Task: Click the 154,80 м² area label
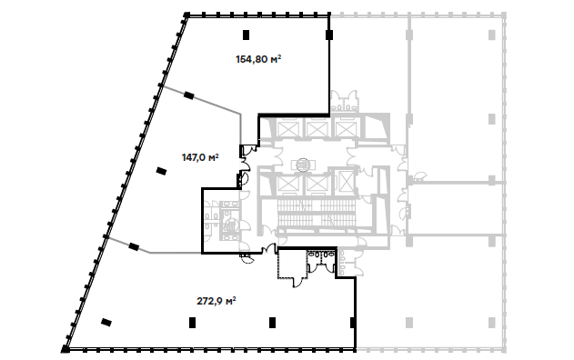(x=258, y=59)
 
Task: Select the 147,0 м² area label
(x=200, y=157)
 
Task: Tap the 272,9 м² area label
(x=217, y=301)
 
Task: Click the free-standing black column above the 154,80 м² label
(x=246, y=35)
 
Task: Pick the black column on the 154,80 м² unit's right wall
(x=329, y=35)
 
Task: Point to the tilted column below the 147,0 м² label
(x=161, y=171)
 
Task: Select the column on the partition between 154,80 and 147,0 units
(x=188, y=95)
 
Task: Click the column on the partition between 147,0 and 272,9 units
(x=134, y=246)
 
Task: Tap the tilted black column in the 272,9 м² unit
(x=106, y=323)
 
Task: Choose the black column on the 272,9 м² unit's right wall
(x=353, y=323)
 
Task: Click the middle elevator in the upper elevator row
(x=316, y=129)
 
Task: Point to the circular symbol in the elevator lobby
(x=303, y=165)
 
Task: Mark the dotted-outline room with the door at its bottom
(x=293, y=265)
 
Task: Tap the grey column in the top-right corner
(x=491, y=35)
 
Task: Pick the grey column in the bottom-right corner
(x=491, y=323)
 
